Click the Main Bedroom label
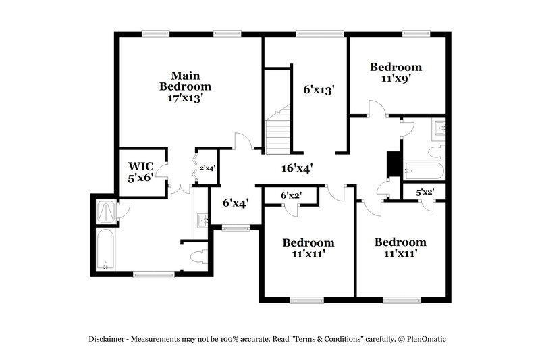click(185, 80)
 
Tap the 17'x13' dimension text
click(185, 98)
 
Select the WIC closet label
click(141, 165)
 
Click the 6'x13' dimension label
click(319, 88)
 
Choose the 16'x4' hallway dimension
click(296, 169)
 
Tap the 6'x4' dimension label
click(236, 201)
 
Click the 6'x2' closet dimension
click(290, 195)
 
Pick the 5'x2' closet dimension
click(425, 192)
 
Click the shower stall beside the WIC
click(106, 211)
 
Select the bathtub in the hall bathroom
click(423, 170)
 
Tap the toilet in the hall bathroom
click(437, 149)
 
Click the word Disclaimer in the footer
click(108, 338)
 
